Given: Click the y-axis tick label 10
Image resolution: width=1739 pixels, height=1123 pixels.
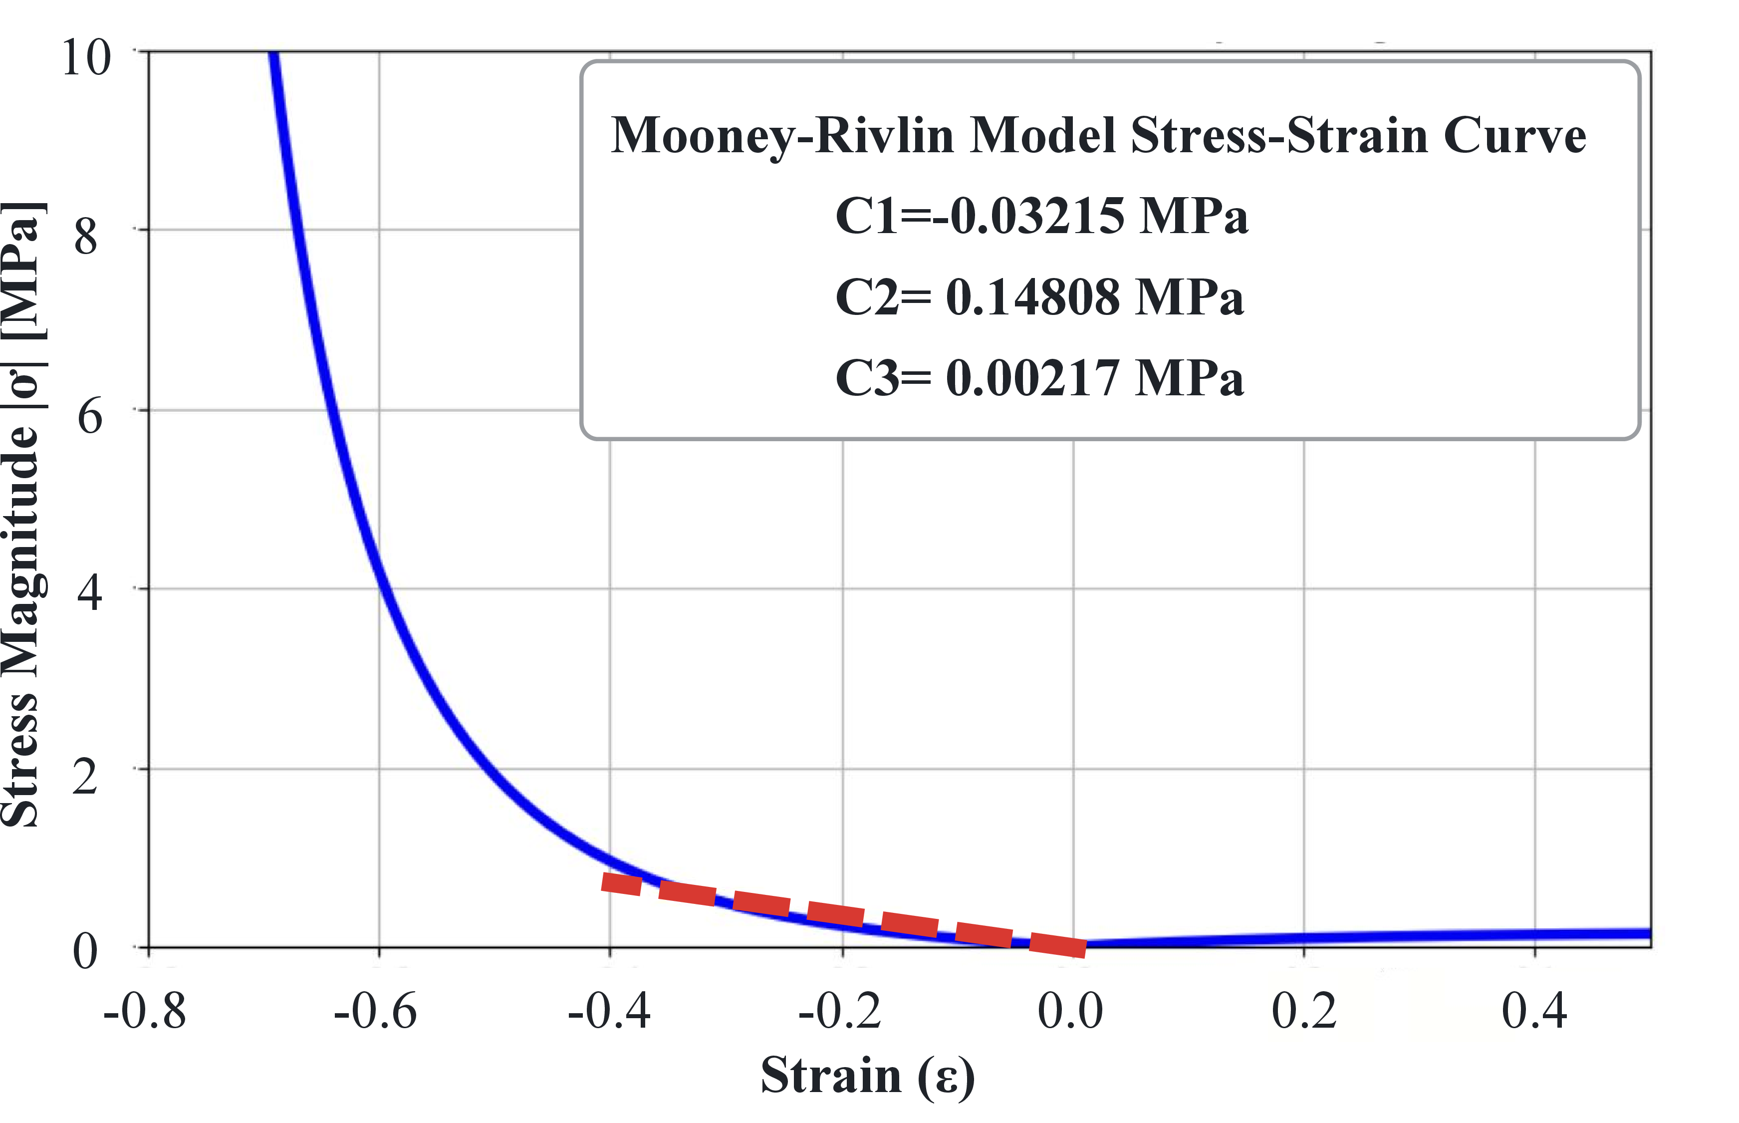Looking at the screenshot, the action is pos(86,57).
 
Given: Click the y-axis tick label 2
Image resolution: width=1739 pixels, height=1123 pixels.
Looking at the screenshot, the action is pos(85,776).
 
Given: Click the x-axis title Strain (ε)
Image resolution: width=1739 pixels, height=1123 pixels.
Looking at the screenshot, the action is pos(867,1076).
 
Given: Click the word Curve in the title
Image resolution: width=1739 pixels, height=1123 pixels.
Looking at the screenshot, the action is pos(1514,136).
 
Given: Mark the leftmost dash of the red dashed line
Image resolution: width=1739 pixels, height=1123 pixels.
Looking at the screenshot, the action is pos(621,883).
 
